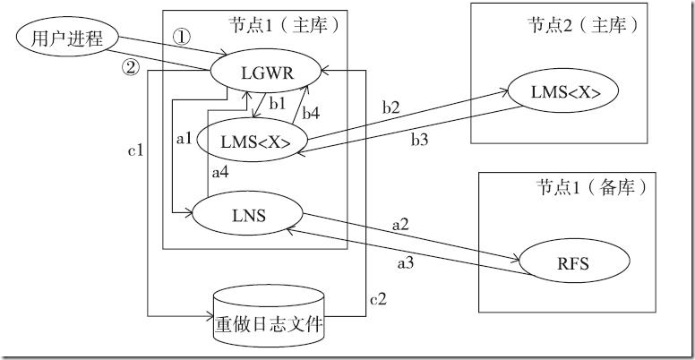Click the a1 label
(185, 139)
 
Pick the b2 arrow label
(390, 107)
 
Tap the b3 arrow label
(420, 140)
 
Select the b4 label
(311, 113)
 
